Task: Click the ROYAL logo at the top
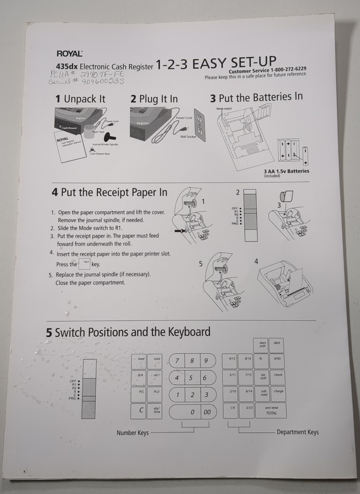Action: tap(70, 54)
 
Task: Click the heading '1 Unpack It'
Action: tap(80, 99)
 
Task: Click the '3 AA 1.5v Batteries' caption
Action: tap(286, 171)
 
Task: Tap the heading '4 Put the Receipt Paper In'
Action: tap(110, 192)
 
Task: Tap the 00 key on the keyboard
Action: tap(207, 412)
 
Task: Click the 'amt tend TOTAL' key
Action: tap(272, 410)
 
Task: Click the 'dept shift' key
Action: tap(262, 344)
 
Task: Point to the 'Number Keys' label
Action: tap(132, 433)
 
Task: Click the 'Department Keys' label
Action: tap(298, 432)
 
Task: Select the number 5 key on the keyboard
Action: tap(191, 378)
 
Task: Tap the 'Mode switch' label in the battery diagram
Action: tap(224, 109)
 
